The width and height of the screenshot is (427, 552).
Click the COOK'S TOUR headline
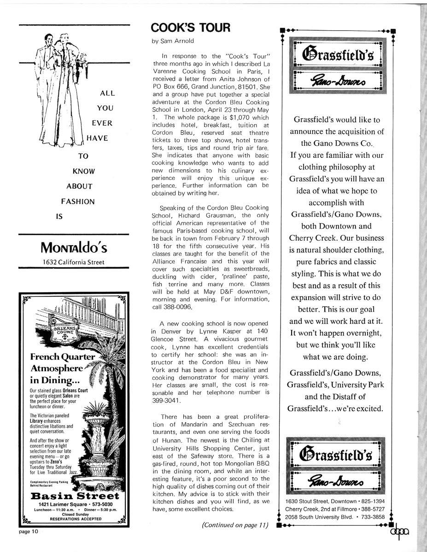point(190,28)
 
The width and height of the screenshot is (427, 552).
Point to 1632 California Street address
point(74,263)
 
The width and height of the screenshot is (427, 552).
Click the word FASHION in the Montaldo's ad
point(78,201)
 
